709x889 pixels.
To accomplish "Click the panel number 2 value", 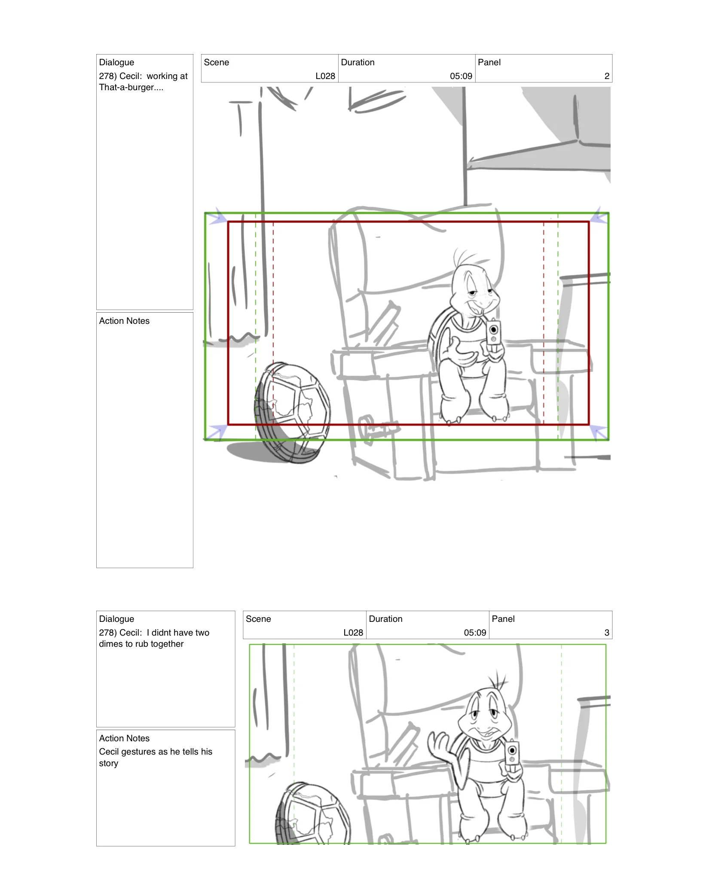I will [606, 76].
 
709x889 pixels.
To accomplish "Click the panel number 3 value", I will [606, 633].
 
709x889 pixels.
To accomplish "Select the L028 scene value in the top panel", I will [325, 76].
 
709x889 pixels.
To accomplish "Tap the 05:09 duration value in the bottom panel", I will [475, 633].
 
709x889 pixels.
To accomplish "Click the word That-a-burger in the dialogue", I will [126, 88].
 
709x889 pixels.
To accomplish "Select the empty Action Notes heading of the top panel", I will [124, 321].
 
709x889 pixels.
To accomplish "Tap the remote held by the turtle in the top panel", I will [493, 333].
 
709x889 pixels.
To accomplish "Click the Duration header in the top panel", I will [358, 62].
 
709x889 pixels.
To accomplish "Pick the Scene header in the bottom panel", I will [258, 619].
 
